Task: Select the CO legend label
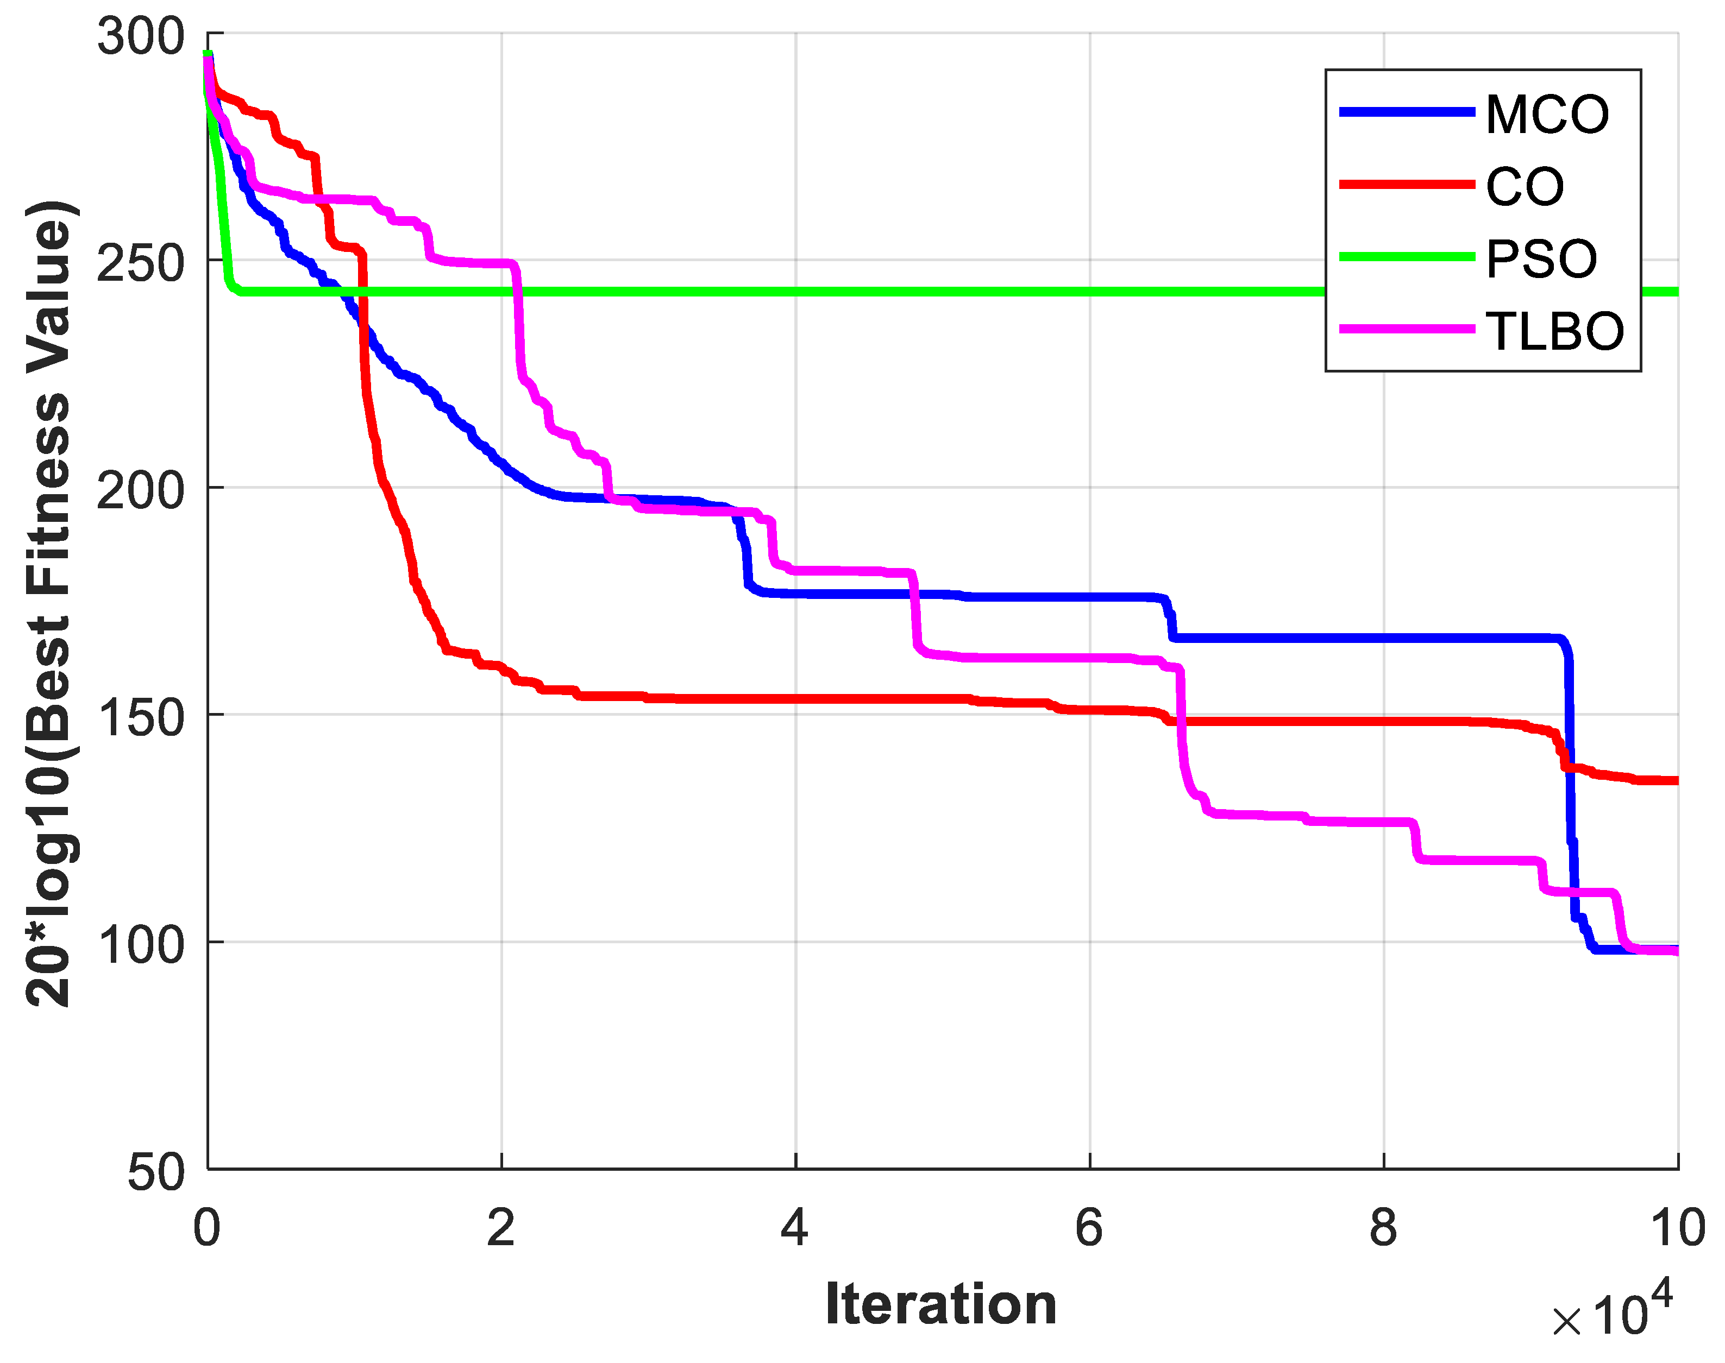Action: point(1524,187)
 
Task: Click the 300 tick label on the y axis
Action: point(141,36)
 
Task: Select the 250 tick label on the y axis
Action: point(141,262)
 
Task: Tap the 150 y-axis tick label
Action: point(141,717)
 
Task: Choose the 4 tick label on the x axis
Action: point(794,1227)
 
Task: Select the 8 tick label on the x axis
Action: point(1383,1227)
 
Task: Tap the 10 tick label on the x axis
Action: point(1677,1227)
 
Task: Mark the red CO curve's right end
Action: point(1674,780)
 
